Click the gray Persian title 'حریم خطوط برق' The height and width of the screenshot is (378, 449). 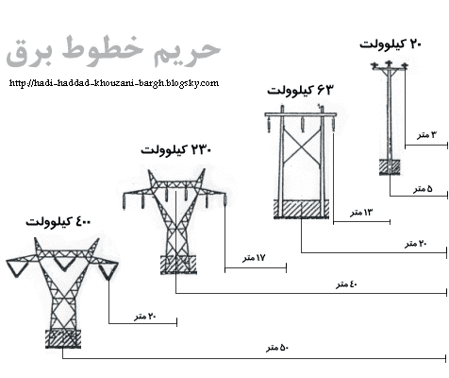point(113,52)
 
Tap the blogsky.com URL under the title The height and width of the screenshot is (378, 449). point(114,83)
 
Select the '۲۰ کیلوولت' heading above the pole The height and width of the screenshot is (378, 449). point(391,44)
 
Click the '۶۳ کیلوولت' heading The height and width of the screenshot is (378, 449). point(300,91)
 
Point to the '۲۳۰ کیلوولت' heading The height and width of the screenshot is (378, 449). point(176,150)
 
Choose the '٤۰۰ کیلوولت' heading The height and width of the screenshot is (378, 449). point(58,222)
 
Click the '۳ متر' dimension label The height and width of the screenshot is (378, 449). point(427,135)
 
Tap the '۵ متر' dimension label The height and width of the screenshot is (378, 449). point(423,189)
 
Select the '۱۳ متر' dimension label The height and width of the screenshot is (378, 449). point(361,213)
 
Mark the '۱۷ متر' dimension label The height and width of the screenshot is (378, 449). point(254,258)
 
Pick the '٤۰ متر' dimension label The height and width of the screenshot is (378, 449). point(347,284)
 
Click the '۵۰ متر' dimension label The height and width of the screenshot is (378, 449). point(277,348)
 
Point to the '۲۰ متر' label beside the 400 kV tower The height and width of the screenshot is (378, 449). point(145,317)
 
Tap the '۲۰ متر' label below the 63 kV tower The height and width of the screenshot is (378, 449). point(416,244)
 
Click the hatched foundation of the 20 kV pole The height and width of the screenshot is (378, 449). point(390,167)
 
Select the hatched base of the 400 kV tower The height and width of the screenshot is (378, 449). point(63,338)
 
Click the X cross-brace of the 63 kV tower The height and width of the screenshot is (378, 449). point(302,146)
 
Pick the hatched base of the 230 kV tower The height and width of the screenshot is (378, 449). point(178,265)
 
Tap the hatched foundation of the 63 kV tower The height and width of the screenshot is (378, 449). point(301,209)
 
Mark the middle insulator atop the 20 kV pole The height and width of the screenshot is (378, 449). point(389,63)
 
